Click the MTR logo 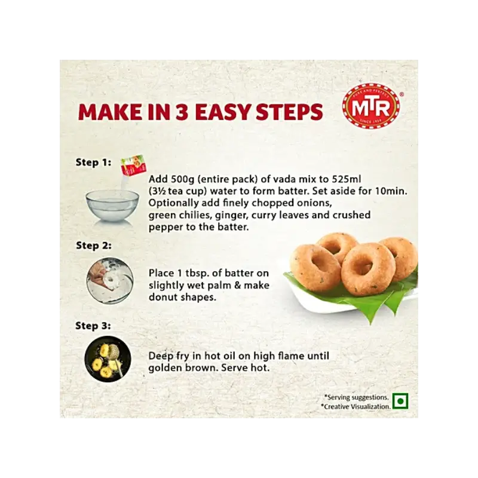pos(371,107)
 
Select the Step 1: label pos(93,162)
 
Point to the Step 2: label pos(94,246)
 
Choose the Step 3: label pos(93,326)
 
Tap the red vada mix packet pos(133,167)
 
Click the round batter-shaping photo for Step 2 pos(110,280)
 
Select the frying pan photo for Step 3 pos(108,359)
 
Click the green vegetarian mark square pos(400,401)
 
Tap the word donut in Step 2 pos(163,297)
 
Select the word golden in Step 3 pos(165,368)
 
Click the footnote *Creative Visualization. pos(356,407)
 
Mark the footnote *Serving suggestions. pos(356,397)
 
